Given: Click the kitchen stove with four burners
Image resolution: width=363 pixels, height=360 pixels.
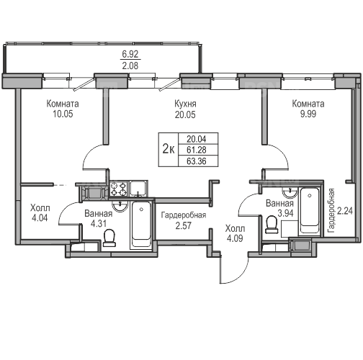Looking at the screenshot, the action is point(118,189).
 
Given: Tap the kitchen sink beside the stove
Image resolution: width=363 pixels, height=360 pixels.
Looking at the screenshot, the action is point(138,189).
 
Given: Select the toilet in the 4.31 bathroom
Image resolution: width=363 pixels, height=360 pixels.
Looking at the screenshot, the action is point(109,238).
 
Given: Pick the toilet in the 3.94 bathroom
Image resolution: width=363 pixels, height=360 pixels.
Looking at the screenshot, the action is point(272,225).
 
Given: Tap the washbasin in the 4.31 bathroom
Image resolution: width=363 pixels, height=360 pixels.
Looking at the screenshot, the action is point(120,207).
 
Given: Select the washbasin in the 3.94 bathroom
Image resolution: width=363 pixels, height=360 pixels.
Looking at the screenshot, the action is point(290,193).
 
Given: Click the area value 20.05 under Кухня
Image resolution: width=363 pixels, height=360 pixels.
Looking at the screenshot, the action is point(185,114).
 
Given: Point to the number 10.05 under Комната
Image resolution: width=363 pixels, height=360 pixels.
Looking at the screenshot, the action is point(63,114).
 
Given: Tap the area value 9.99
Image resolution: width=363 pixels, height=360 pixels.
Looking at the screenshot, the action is point(308,114).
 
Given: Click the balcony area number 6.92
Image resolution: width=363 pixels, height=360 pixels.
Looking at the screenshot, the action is point(130,54).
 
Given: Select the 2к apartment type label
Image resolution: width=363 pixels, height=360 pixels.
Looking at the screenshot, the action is point(169,149).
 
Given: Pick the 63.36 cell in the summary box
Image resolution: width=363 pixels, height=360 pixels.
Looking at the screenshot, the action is point(197,161).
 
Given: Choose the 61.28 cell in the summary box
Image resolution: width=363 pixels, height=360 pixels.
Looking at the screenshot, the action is point(197,150).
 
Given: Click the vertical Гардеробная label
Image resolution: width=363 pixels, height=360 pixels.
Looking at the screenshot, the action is point(331,210).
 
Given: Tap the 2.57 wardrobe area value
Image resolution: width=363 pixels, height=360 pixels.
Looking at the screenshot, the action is point(183,225).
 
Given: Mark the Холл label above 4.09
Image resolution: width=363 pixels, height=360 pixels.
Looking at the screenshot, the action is point(235,228).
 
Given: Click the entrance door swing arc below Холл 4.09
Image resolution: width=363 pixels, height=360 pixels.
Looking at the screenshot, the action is point(241,276).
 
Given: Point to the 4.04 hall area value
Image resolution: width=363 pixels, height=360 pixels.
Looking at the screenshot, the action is point(40,217).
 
